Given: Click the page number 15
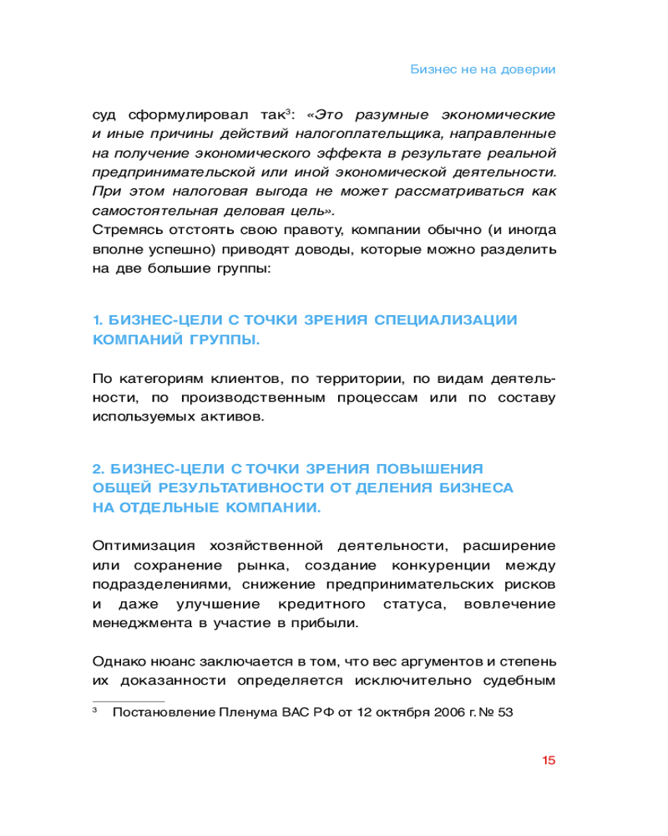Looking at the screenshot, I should click(549, 760).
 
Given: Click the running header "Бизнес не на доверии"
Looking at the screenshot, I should click(483, 69).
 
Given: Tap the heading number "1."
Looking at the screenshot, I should click(97, 320).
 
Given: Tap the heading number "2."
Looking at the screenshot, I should click(98, 467).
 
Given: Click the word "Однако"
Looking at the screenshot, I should click(118, 662).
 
